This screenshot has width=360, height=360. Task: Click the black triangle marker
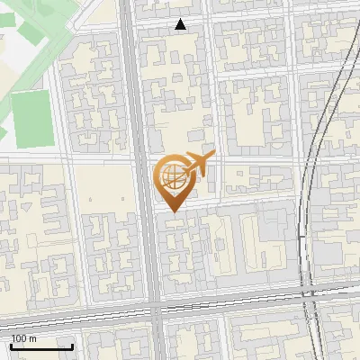click(181, 25)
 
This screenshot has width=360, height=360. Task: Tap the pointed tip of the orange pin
click(171, 211)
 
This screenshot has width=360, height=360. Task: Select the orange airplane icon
click(199, 163)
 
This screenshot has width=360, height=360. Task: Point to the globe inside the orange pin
click(171, 175)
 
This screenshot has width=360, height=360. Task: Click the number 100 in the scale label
click(19, 338)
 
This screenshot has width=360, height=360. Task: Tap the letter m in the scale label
click(32, 338)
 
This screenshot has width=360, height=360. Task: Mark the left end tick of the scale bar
click(11, 346)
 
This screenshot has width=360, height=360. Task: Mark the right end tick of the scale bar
click(72, 346)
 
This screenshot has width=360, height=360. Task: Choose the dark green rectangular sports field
click(32, 120)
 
